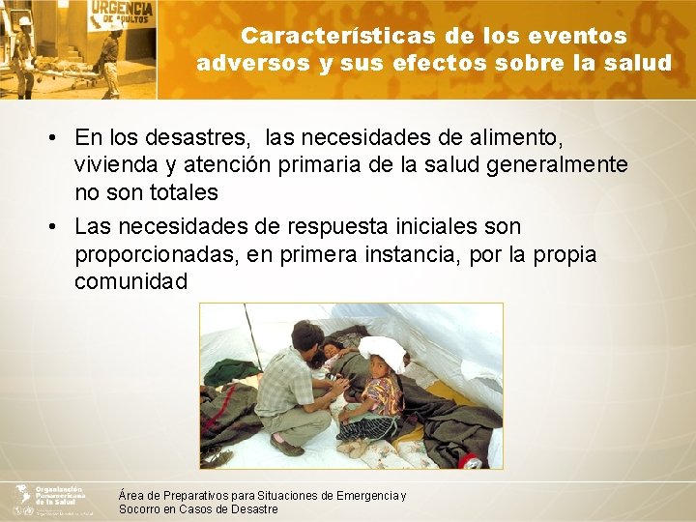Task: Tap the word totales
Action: [175, 191]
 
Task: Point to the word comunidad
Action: [130, 281]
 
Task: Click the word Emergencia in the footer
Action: [367, 496]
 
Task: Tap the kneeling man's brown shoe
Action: [286, 448]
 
